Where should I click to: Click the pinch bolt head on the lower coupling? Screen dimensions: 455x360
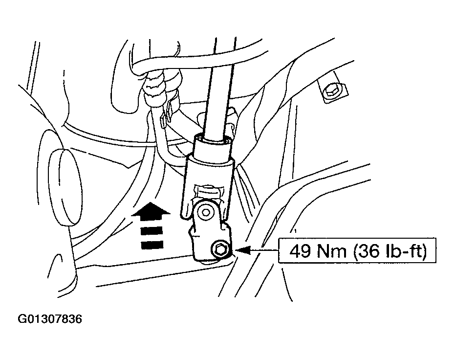220,249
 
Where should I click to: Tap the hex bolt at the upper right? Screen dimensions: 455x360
333,92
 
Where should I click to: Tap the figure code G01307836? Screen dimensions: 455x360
50,319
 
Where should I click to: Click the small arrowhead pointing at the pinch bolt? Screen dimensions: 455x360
243,250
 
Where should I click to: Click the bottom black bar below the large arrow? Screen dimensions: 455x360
152,245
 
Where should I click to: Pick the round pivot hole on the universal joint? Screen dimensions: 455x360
206,212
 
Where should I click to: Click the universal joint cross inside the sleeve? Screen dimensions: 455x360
208,192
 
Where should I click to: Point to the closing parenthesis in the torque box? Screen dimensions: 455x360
425,251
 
